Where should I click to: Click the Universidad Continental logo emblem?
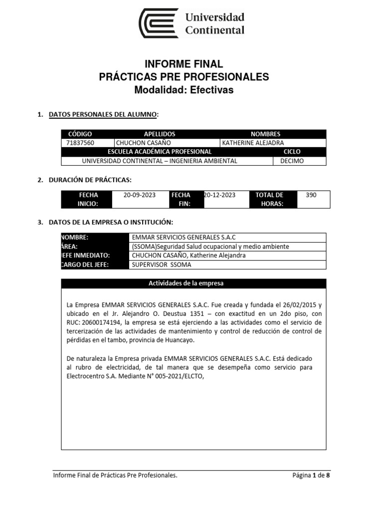[158, 23]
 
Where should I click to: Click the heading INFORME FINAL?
[184, 64]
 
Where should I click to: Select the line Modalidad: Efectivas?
[184, 90]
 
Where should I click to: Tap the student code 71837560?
[80, 143]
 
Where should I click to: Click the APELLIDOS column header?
[160, 134]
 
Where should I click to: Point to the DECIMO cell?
[292, 161]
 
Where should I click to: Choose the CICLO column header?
[292, 152]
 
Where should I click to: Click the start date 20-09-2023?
[140, 195]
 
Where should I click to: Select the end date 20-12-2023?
[219, 195]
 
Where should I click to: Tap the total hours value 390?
[311, 195]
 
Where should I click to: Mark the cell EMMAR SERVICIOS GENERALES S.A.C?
[183, 238]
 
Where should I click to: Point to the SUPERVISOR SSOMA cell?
[161, 265]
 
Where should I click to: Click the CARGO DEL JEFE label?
[85, 265]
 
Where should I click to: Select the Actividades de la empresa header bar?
[193, 283]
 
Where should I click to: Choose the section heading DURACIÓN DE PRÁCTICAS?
[90, 180]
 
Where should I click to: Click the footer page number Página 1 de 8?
[311, 476]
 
